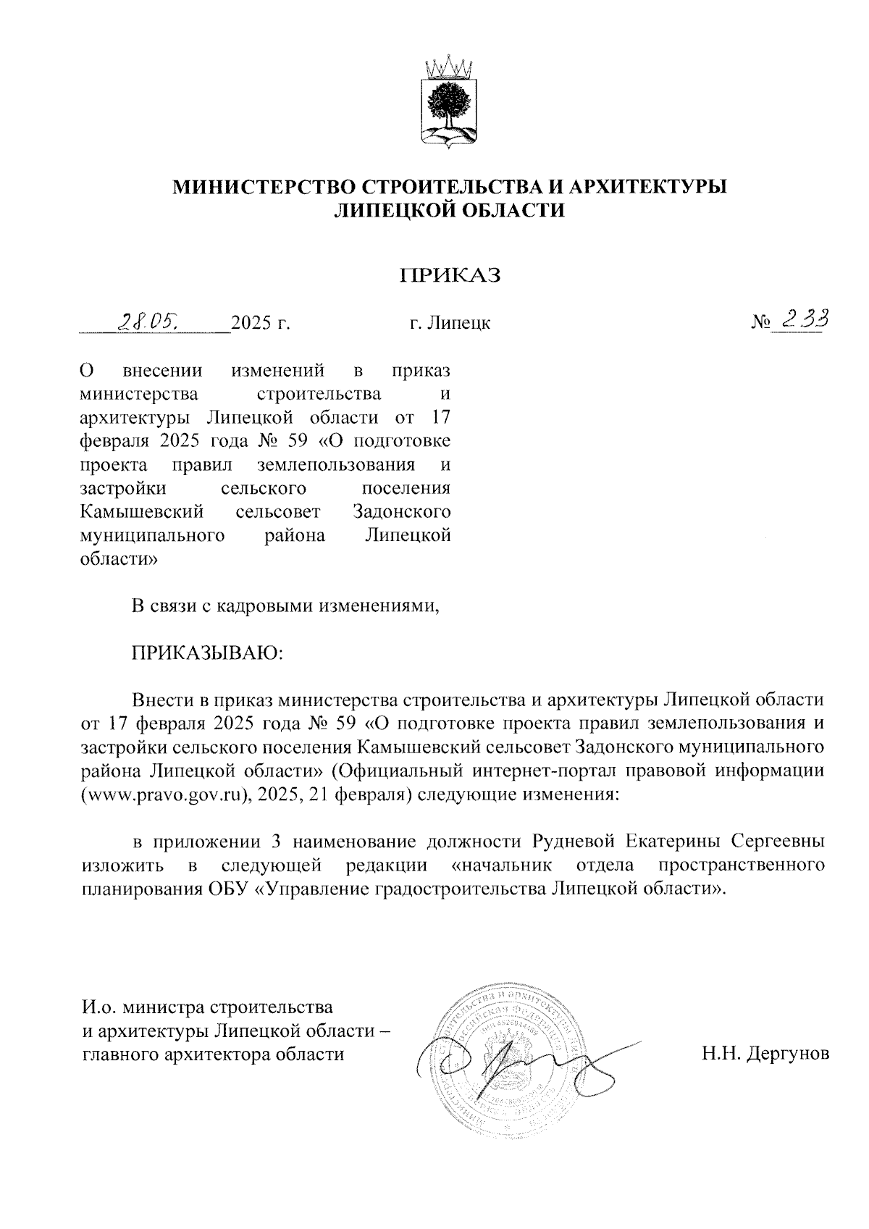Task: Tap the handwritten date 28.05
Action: (151, 321)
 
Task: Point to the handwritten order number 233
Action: (801, 319)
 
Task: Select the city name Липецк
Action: (459, 323)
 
